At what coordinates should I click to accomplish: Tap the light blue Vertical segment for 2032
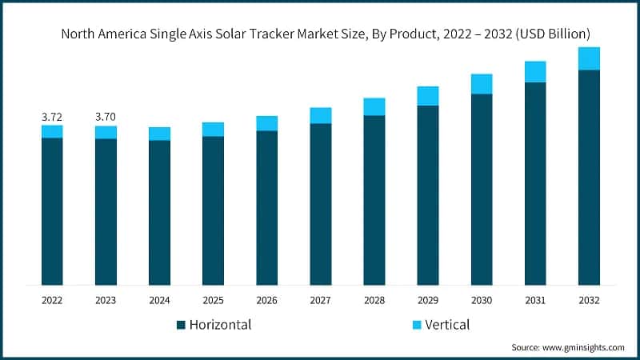(589, 58)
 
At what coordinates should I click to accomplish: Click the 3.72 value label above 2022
(52, 117)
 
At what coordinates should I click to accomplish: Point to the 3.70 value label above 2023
(106, 117)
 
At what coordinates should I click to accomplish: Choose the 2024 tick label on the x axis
(159, 300)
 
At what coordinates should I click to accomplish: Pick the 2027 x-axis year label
(320, 300)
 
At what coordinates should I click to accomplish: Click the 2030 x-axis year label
(482, 300)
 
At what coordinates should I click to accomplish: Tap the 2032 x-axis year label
(589, 300)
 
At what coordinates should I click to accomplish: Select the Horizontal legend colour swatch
(182, 325)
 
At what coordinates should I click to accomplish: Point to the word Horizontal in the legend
(221, 325)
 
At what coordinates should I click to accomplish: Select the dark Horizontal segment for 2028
(374, 200)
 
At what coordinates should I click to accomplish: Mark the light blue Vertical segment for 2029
(428, 96)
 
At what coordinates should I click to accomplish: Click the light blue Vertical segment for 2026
(266, 123)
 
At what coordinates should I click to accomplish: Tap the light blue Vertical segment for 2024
(159, 134)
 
